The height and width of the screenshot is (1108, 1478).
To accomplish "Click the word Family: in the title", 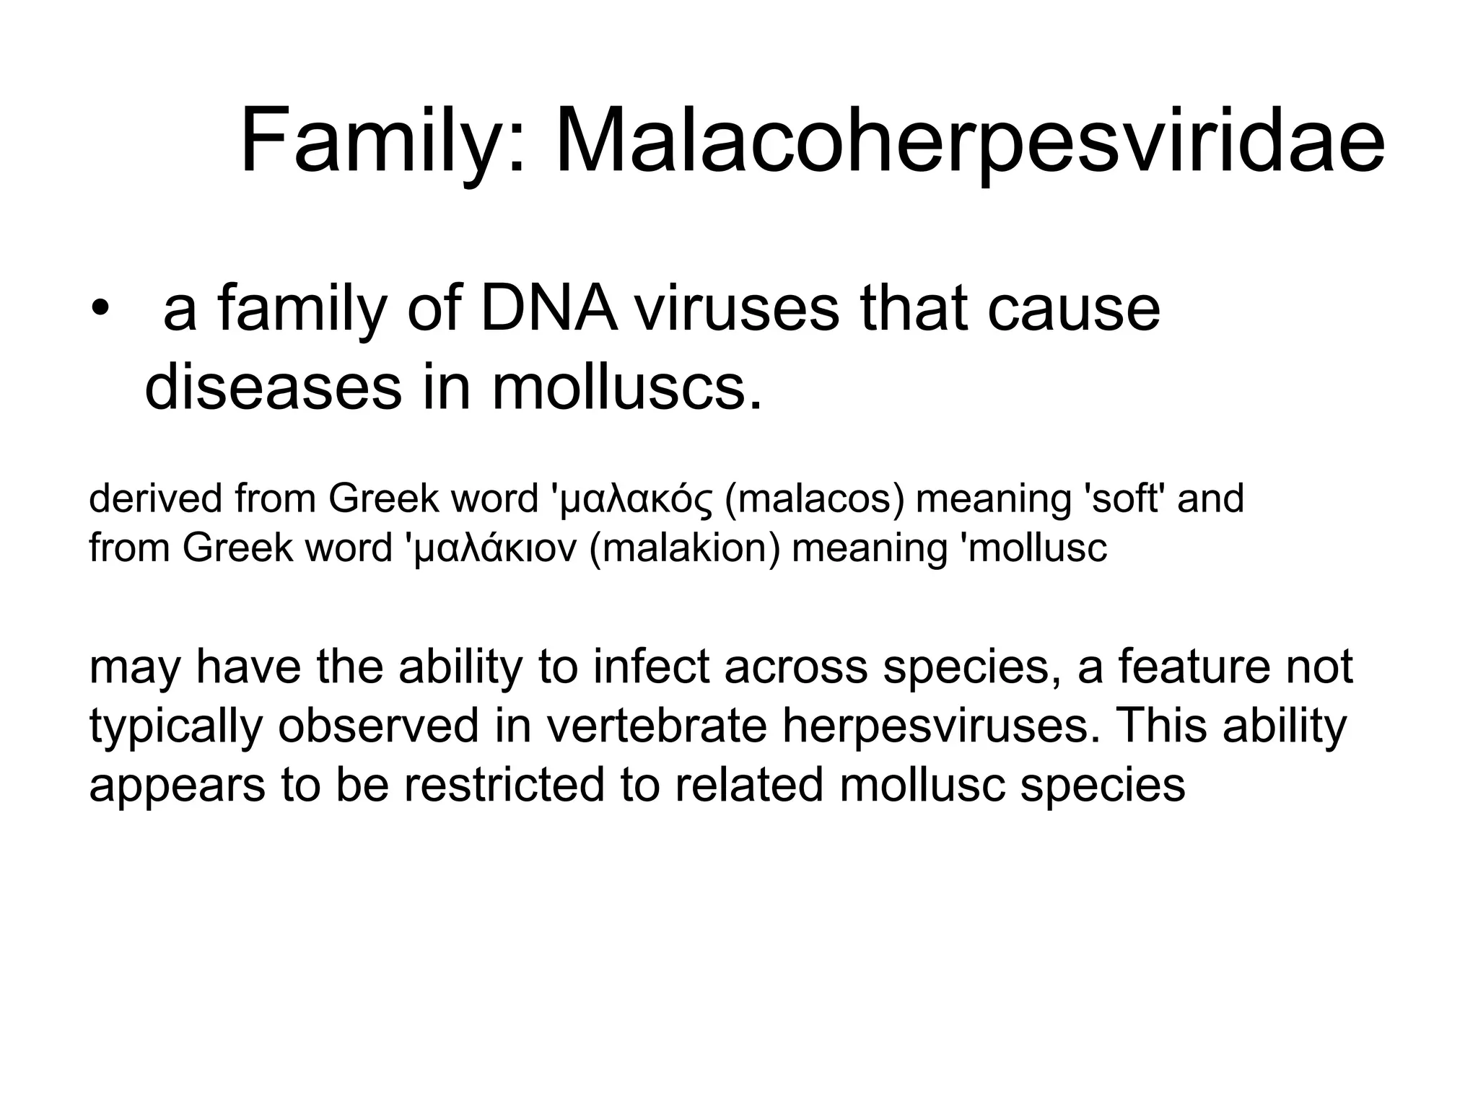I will tap(383, 140).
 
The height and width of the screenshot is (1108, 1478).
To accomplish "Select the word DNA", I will tap(549, 309).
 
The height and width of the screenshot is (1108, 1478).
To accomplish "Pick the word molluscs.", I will tap(626, 388).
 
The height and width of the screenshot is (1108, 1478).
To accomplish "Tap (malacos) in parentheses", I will tap(814, 499).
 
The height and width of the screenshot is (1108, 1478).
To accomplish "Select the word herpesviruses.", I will tap(938, 726).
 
